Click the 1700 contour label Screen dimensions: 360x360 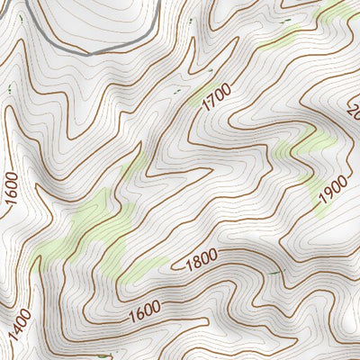pyautogui.click(x=216, y=96)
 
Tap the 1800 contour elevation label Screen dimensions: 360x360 pyautogui.click(x=201, y=262)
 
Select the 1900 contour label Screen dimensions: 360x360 pyautogui.click(x=332, y=184)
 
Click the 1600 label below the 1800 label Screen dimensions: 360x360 pyautogui.click(x=145, y=310)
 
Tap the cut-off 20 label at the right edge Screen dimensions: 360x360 pyautogui.click(x=354, y=112)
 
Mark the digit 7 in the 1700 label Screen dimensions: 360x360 pyautogui.click(x=212, y=100)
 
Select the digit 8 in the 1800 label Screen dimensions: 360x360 pyautogui.click(x=195, y=264)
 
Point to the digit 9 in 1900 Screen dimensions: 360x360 pyautogui.click(x=327, y=188)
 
